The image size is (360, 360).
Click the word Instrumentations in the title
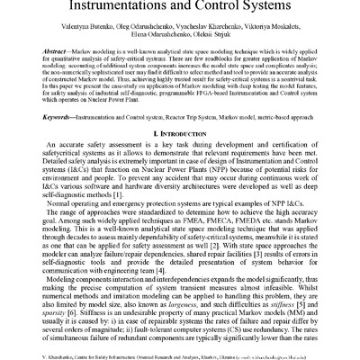coord(114,10)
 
